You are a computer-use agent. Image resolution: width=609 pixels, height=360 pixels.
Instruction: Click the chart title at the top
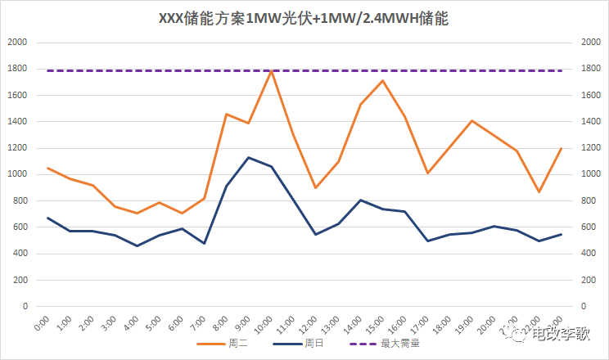coord(304,18)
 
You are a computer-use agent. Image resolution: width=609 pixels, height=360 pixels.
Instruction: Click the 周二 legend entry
coord(238,344)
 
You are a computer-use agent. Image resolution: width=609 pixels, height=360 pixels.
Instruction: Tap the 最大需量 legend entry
coord(400,344)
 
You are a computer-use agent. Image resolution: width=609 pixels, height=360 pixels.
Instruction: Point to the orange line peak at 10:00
coord(271,71)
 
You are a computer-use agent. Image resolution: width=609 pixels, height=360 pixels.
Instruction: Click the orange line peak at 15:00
coord(383,80)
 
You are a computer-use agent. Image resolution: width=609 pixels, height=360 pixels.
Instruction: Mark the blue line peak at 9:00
coord(249,157)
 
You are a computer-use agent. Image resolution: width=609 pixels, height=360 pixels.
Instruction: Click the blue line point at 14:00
coord(361,200)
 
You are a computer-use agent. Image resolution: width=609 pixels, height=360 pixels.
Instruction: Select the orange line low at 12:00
coord(316,187)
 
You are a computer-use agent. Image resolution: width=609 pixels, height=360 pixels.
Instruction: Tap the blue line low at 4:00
coord(137,245)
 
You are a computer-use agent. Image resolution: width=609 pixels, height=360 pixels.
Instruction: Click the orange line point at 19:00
coord(472,121)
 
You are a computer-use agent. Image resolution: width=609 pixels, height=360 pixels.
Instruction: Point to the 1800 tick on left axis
coord(18,69)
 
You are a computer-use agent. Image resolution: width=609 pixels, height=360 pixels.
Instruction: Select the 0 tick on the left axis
coord(25,307)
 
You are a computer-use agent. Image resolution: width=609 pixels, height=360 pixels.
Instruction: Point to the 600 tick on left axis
coord(20,227)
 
